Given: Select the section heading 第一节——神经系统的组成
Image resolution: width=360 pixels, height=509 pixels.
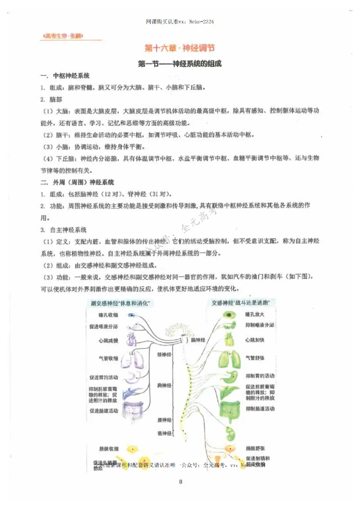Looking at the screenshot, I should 180,64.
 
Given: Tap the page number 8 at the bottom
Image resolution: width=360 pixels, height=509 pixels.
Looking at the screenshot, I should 180,483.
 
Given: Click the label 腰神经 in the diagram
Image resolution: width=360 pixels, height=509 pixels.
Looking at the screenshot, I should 165,420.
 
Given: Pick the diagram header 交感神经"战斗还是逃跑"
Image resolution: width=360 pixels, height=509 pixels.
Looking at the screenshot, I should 238,303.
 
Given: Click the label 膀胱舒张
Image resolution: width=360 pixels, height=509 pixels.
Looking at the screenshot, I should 256,448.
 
